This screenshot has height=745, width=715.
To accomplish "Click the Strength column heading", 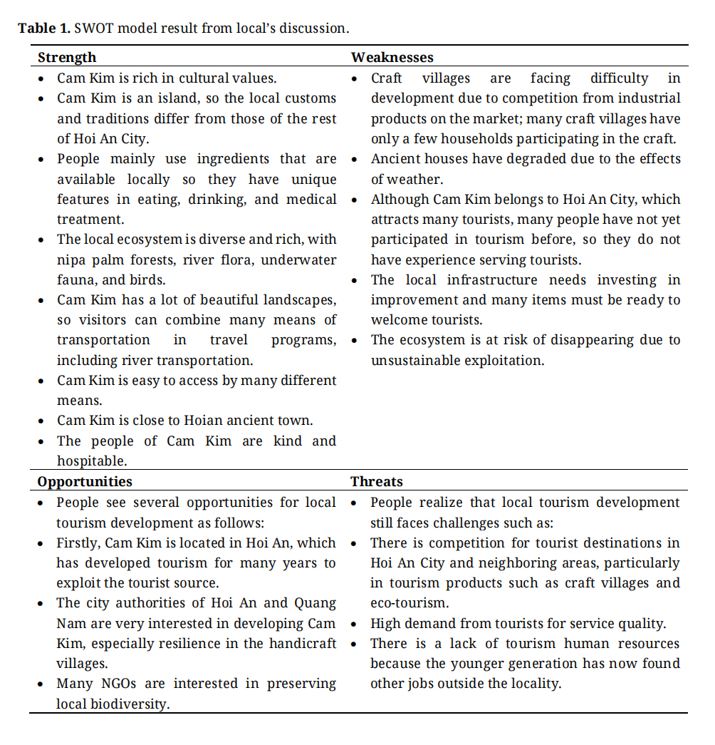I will [x=67, y=57].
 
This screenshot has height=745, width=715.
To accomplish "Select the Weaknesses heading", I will [x=392, y=57].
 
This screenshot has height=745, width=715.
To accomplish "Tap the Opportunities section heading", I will [x=85, y=481].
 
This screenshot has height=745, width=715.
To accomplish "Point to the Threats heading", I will [x=377, y=481].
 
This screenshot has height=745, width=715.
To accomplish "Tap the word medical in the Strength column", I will [x=311, y=199].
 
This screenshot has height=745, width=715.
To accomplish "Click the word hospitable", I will [x=90, y=461].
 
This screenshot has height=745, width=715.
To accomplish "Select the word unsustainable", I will [x=415, y=360].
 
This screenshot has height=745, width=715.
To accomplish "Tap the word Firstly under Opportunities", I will [x=80, y=543].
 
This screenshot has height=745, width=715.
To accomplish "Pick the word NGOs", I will [x=120, y=684].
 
